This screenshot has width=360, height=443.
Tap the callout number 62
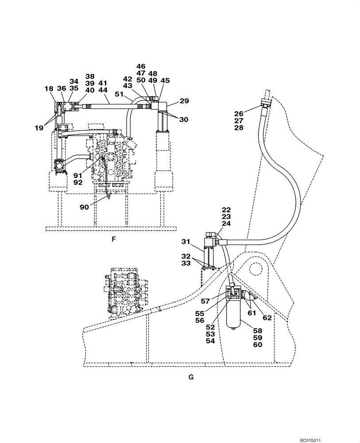click(x=267, y=318)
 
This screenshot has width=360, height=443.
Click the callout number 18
click(x=49, y=89)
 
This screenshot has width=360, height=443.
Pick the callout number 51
click(x=119, y=94)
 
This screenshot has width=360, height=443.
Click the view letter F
click(x=113, y=240)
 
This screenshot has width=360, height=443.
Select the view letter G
click(x=191, y=377)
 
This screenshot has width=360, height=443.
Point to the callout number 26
click(x=239, y=113)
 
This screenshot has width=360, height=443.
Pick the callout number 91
click(x=77, y=175)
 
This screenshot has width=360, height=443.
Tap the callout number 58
click(x=258, y=330)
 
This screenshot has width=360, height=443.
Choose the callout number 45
click(x=165, y=81)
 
